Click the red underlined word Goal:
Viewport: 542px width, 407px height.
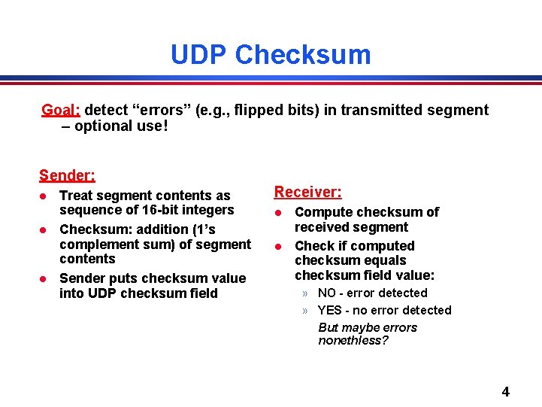[x=61, y=111]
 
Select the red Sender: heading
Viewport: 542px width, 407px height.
[x=67, y=176]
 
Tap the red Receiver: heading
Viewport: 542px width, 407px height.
[x=307, y=193]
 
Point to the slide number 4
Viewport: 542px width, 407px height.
[x=505, y=392]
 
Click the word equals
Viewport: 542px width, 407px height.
[x=380, y=261]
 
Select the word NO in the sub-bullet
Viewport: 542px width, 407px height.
[x=327, y=293]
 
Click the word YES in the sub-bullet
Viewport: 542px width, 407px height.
[x=330, y=311]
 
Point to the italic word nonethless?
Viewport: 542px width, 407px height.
[x=353, y=341]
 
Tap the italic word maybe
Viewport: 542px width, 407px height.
[x=361, y=327]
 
